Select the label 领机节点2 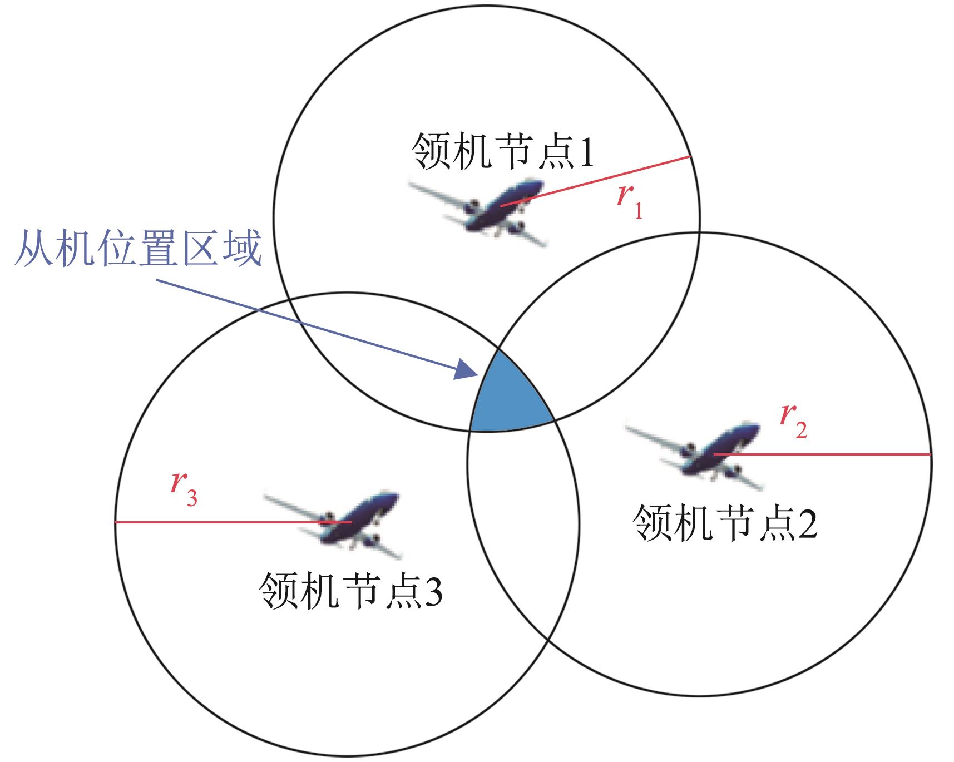click(725, 523)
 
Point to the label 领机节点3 click(351, 591)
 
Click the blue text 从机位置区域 click(137, 249)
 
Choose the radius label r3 click(184, 489)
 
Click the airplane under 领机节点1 click(477, 212)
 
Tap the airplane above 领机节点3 click(332, 525)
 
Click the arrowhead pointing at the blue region click(467, 370)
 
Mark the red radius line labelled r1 click(595, 181)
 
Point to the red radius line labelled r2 click(822, 454)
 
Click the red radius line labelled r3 click(234, 522)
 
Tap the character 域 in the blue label click(241, 249)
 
